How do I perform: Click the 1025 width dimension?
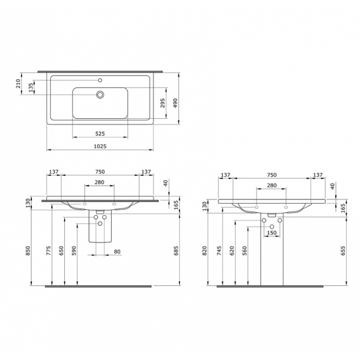(100, 146)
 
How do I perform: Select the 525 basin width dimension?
(100, 134)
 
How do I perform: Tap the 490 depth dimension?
(175, 103)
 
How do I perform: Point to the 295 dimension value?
(162, 103)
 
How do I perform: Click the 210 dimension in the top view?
(18, 84)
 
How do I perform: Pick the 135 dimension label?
(31, 88)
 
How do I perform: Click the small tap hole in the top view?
(100, 80)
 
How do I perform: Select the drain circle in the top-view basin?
(100, 94)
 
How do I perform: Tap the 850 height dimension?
(27, 251)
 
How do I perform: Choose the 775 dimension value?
(49, 251)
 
